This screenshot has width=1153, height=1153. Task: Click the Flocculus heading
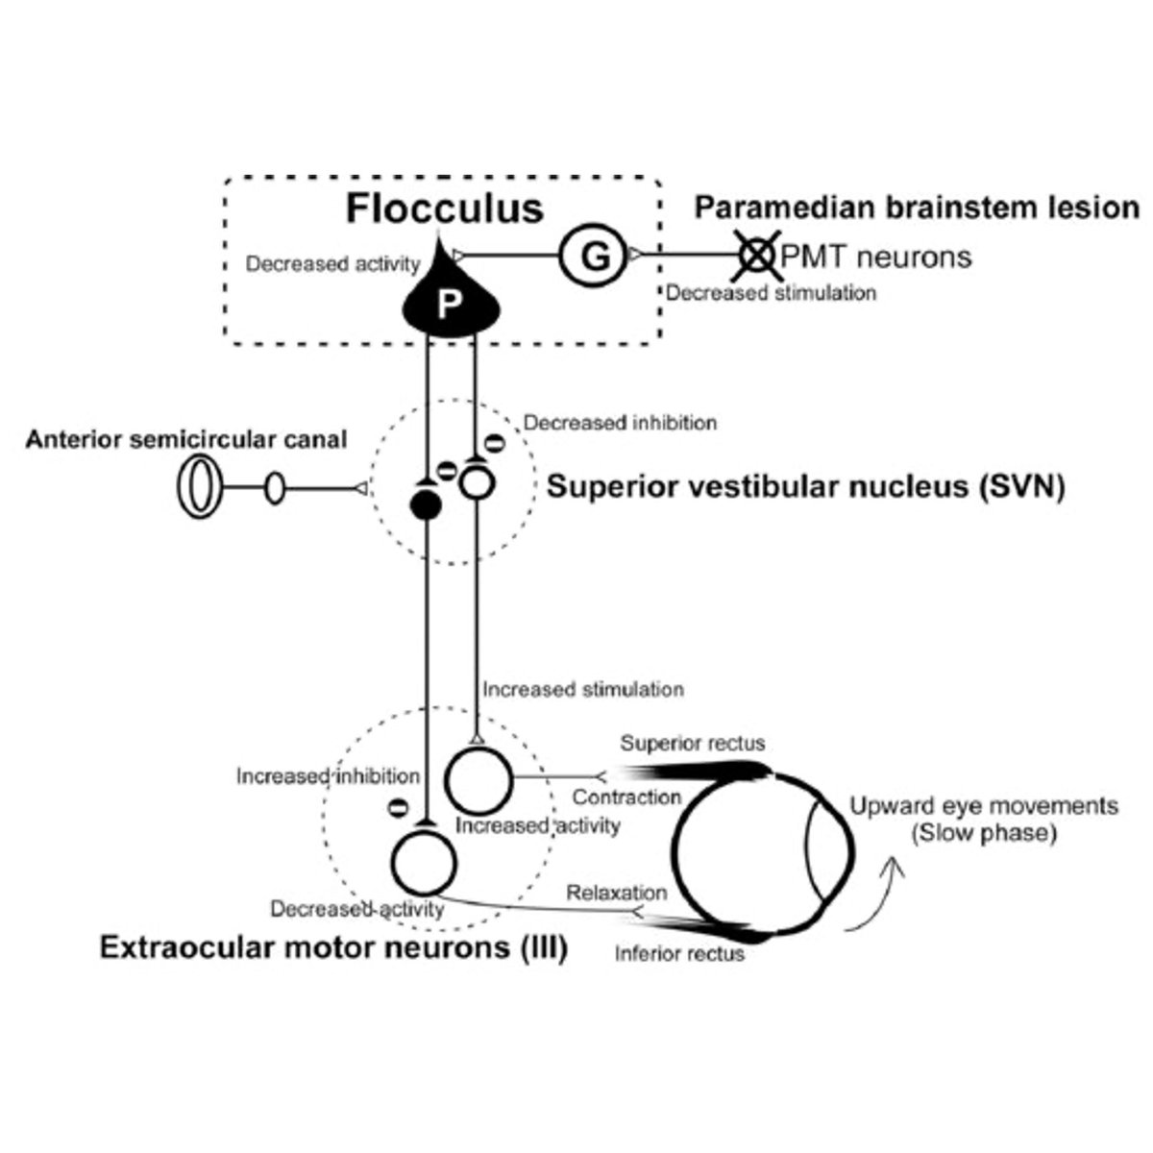(x=445, y=209)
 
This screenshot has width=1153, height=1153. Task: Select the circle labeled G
(x=594, y=258)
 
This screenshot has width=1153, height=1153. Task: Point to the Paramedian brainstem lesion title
(x=917, y=208)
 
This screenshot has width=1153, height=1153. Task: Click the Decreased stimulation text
(x=771, y=293)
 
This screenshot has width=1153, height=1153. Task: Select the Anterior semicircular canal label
(x=186, y=440)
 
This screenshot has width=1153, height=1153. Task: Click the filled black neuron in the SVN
(x=425, y=502)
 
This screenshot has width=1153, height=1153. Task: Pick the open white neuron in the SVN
(x=475, y=479)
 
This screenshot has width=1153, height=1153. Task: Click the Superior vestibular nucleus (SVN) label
(x=805, y=487)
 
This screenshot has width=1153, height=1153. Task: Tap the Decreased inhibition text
(x=620, y=423)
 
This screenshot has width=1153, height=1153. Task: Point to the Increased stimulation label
(x=583, y=689)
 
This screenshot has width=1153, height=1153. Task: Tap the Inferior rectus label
(x=679, y=954)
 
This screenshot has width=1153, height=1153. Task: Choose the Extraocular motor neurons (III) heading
(x=333, y=948)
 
